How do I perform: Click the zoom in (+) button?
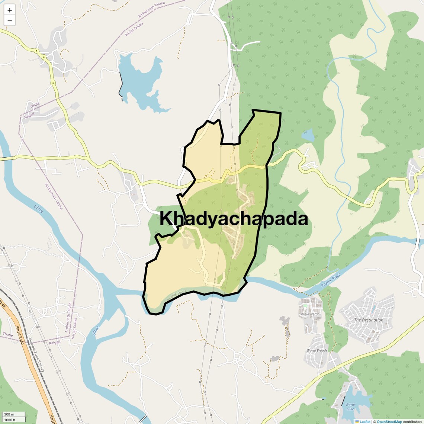[10, 10]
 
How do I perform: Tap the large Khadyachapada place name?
[234, 219]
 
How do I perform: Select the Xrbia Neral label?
[310, 314]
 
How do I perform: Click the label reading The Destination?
[368, 320]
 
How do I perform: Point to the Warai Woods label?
[317, 350]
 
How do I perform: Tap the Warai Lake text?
[350, 407]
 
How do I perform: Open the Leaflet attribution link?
[364, 421]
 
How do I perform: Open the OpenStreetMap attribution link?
[389, 421]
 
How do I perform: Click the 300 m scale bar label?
[9, 414]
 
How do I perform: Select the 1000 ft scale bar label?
[10, 420]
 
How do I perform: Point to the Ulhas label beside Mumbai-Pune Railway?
[96, 330]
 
